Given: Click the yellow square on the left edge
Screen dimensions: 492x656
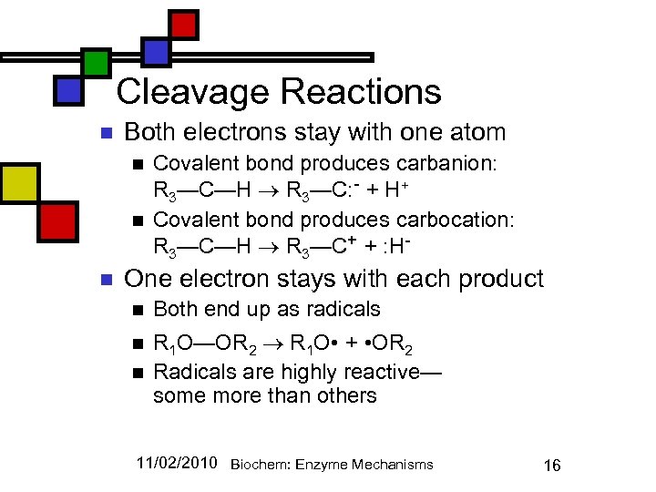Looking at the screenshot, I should click(x=18, y=184).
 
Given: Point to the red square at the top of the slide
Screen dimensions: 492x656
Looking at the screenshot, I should click(x=183, y=24).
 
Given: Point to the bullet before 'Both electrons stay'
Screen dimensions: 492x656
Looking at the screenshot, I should click(x=105, y=134).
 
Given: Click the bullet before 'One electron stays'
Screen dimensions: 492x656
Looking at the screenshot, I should click(x=105, y=280).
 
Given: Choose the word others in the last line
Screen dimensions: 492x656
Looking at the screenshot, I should click(x=347, y=395).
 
